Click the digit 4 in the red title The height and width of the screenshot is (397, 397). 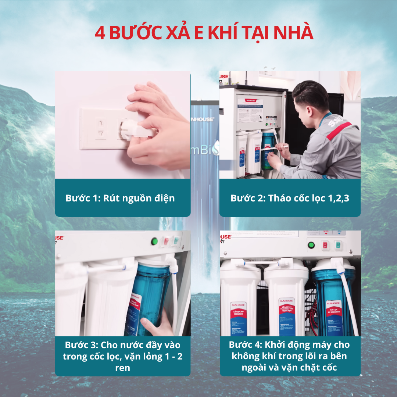(100, 33)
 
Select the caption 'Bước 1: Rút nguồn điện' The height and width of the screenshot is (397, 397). (120, 198)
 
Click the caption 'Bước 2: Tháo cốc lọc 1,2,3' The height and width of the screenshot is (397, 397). (290, 198)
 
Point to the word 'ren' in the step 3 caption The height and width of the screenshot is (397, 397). (122, 368)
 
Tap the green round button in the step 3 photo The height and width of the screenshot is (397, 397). (155, 242)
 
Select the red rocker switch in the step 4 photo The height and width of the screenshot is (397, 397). (325, 245)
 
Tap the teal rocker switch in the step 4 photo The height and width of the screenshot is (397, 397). (338, 245)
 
